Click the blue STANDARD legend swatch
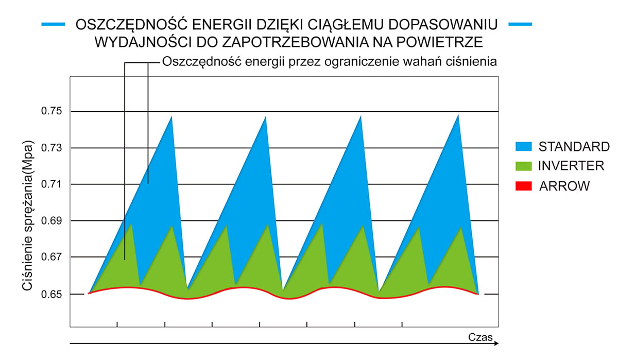point(523,146)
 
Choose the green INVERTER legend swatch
point(523,166)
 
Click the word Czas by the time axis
point(481,337)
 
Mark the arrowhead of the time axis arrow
point(496,342)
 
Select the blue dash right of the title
point(520,24)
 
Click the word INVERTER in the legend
point(571,166)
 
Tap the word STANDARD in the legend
point(574,146)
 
